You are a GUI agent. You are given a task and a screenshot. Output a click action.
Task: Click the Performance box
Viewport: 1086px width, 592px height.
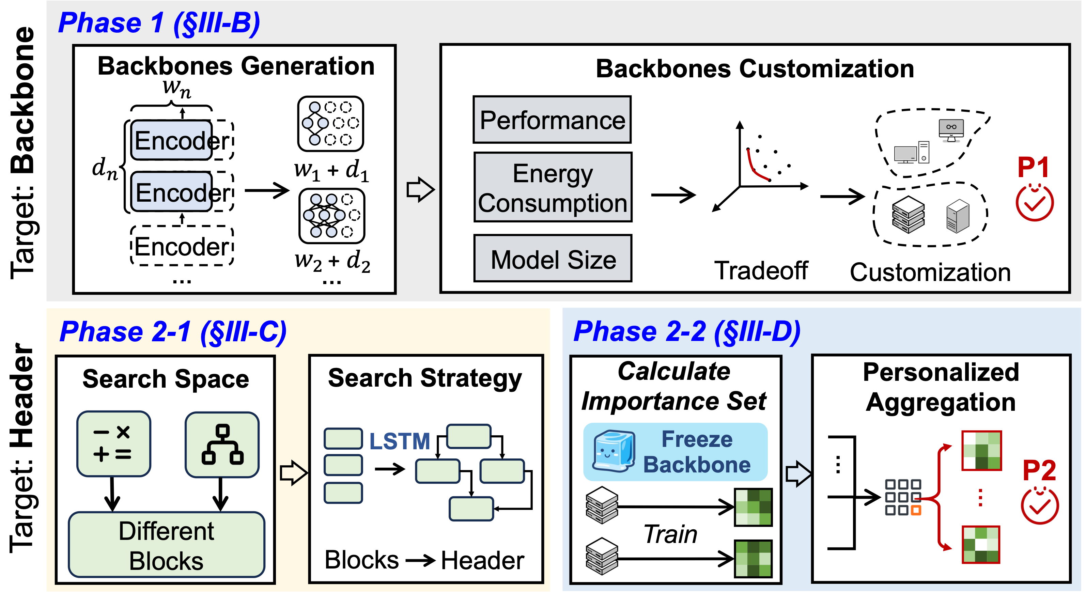(x=552, y=120)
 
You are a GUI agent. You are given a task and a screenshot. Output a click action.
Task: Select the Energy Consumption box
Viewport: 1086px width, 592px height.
(x=553, y=188)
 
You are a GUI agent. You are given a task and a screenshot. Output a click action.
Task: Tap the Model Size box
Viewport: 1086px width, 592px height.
(x=553, y=259)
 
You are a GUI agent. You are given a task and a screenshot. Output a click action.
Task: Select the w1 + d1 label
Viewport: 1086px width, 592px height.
(x=331, y=170)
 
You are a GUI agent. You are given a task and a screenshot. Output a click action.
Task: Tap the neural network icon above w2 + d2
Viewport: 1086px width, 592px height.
(x=331, y=216)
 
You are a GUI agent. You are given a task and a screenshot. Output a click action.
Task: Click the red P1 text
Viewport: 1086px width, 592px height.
(x=1033, y=167)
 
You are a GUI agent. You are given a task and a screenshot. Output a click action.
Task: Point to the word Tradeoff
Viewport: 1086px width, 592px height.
(x=761, y=270)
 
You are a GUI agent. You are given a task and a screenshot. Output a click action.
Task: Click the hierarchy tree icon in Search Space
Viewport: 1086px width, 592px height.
(x=222, y=445)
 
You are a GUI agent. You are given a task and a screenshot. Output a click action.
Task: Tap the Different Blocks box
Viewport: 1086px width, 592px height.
(x=166, y=545)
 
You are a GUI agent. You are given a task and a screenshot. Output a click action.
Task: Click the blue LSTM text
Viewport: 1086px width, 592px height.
(x=399, y=441)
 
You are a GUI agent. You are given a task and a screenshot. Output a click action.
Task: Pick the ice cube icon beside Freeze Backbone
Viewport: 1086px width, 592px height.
(x=614, y=452)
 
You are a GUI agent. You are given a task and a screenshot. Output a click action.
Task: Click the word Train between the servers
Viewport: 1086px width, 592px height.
(x=670, y=534)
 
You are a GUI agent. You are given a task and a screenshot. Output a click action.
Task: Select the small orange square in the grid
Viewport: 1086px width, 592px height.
(x=916, y=510)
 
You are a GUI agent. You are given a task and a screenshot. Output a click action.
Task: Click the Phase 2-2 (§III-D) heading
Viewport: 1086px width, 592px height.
(x=686, y=331)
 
